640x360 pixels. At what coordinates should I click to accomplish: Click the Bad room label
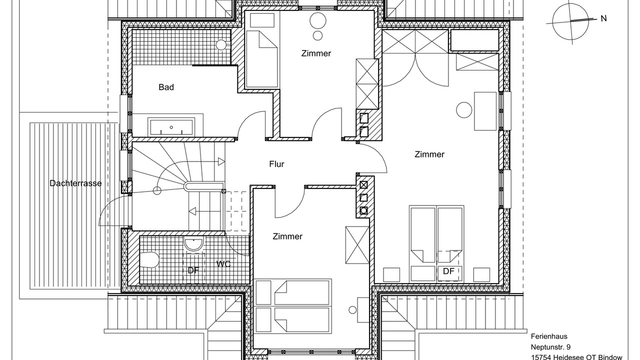click(166, 87)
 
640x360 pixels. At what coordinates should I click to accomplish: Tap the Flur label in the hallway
click(276, 164)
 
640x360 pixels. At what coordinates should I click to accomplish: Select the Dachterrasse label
click(75, 183)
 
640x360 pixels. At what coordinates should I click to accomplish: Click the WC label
click(223, 263)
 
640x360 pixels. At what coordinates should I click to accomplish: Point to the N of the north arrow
click(603, 18)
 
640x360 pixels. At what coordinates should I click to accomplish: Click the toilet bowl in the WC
click(149, 259)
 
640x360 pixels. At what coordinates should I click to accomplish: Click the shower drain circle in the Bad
click(221, 44)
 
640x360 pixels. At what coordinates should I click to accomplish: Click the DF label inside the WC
click(193, 270)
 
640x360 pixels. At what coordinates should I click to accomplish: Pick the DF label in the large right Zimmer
click(448, 271)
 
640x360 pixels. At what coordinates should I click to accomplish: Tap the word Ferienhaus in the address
click(548, 336)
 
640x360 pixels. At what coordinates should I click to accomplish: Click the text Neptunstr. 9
click(550, 347)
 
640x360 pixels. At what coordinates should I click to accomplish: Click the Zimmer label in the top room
click(316, 53)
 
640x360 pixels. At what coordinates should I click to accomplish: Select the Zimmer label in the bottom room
click(287, 236)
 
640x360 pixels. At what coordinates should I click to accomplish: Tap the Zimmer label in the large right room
click(429, 154)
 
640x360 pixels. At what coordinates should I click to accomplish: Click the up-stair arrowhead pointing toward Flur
click(221, 161)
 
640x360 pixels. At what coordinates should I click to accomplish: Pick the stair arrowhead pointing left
click(192, 211)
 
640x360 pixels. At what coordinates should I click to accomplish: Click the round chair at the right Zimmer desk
click(464, 110)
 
